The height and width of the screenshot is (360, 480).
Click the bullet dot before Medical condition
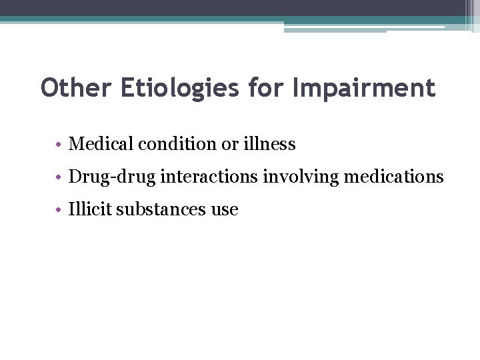(x=59, y=144)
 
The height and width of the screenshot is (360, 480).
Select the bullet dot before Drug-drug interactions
(x=59, y=177)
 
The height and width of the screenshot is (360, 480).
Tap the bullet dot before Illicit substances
(x=59, y=210)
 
